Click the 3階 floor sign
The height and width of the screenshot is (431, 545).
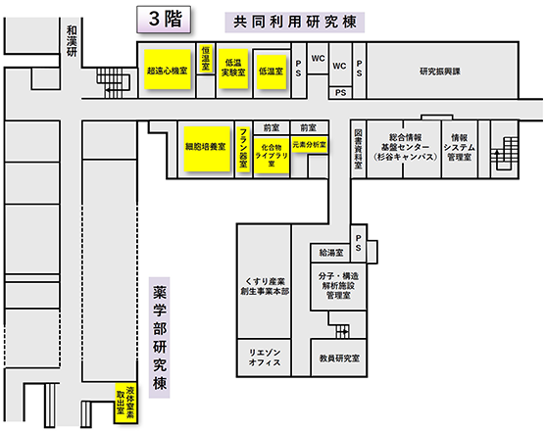[x=164, y=20]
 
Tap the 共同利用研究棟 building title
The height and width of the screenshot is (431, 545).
[x=295, y=23]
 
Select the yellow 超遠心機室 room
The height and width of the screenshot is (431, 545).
[x=168, y=70]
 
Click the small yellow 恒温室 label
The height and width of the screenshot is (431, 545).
[x=206, y=59]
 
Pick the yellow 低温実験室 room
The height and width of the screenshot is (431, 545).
[x=233, y=68]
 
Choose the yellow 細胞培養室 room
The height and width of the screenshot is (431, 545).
[x=207, y=149]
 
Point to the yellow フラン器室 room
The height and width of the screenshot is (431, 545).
[x=243, y=150]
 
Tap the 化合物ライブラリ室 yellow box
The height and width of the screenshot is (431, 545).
[x=272, y=156]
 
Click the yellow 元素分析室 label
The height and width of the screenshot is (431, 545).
[x=310, y=144]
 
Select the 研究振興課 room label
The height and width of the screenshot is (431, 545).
[x=440, y=72]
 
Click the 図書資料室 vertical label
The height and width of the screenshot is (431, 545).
[x=358, y=149]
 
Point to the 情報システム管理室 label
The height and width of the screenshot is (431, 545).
[x=459, y=148]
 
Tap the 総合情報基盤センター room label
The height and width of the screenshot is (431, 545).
[x=405, y=147]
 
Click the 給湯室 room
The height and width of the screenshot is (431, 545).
[x=331, y=253]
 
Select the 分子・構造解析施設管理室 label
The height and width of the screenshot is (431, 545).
[x=338, y=286]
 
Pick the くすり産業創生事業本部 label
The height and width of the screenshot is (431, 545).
[x=265, y=286]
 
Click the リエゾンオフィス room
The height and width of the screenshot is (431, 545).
[x=264, y=358]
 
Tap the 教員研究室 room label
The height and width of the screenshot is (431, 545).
[x=339, y=359]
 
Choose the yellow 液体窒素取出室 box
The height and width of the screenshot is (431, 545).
[x=125, y=403]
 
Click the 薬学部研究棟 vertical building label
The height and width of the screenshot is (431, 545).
[x=159, y=338]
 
